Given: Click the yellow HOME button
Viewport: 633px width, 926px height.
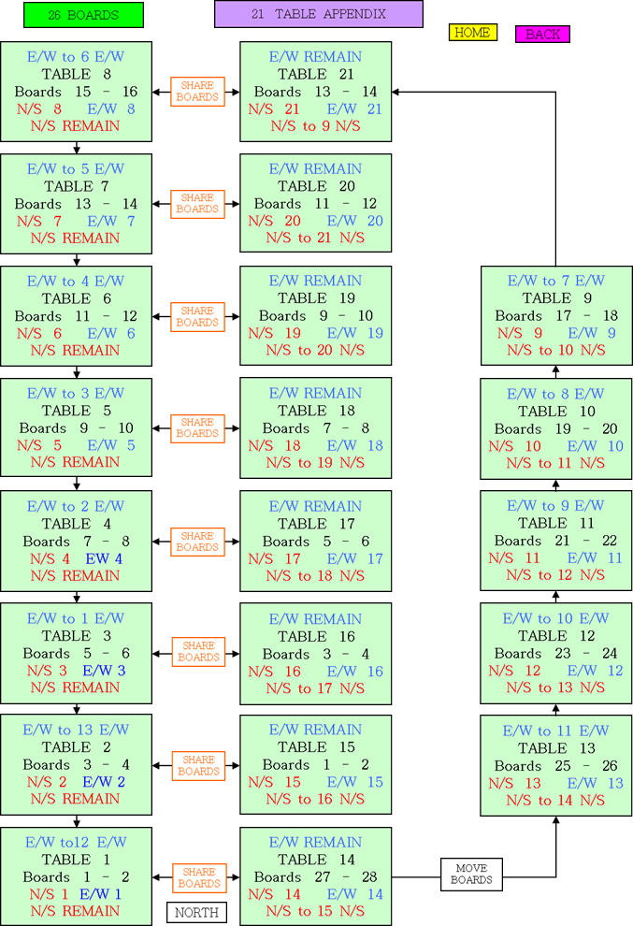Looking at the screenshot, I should click(x=472, y=33).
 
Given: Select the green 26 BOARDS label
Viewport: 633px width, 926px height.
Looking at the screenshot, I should click(x=83, y=15).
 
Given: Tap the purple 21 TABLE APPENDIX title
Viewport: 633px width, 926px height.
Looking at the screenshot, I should click(x=318, y=14).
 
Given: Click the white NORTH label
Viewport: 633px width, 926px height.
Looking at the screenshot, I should click(x=196, y=912).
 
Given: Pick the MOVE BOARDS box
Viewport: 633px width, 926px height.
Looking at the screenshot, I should click(x=471, y=875).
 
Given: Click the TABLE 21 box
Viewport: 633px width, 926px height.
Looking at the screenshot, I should click(x=315, y=91).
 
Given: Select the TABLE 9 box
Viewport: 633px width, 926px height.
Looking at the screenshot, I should click(x=555, y=315).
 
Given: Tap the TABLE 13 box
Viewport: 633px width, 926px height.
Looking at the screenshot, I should click(x=555, y=765).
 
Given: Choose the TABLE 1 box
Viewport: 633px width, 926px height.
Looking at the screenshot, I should click(x=76, y=876).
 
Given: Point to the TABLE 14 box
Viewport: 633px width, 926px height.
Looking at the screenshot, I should click(x=315, y=876).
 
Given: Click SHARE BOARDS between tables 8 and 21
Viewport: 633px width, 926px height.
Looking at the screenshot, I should click(x=197, y=92).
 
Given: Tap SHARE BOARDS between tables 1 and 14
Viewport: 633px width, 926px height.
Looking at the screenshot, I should click(x=198, y=877).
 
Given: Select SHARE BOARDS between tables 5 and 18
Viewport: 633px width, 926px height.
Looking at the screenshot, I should click(x=197, y=428).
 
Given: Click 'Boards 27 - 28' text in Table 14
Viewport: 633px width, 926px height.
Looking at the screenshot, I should click(x=315, y=876).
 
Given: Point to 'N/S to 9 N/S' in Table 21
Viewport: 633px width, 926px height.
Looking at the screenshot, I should click(x=315, y=125).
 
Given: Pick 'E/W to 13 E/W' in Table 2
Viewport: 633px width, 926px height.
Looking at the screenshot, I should click(x=76, y=730).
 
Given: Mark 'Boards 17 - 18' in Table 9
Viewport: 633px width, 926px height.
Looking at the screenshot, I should click(x=555, y=315).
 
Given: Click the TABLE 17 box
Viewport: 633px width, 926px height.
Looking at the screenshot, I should click(x=315, y=541).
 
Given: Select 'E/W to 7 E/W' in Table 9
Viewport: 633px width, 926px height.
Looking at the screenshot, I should click(x=555, y=281).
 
